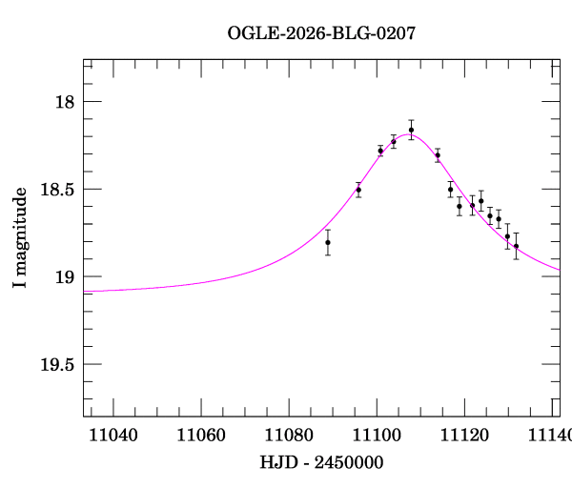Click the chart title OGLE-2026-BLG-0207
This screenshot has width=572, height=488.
click(x=321, y=33)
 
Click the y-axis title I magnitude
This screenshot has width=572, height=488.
click(x=19, y=238)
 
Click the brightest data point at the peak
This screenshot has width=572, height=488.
click(x=411, y=130)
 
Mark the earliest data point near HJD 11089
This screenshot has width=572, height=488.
click(x=328, y=242)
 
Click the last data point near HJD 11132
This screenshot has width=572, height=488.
click(x=516, y=246)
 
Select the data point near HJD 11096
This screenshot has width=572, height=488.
click(x=358, y=190)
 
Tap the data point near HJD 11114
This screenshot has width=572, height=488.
click(x=437, y=155)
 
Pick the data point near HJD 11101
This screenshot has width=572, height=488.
click(x=380, y=151)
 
